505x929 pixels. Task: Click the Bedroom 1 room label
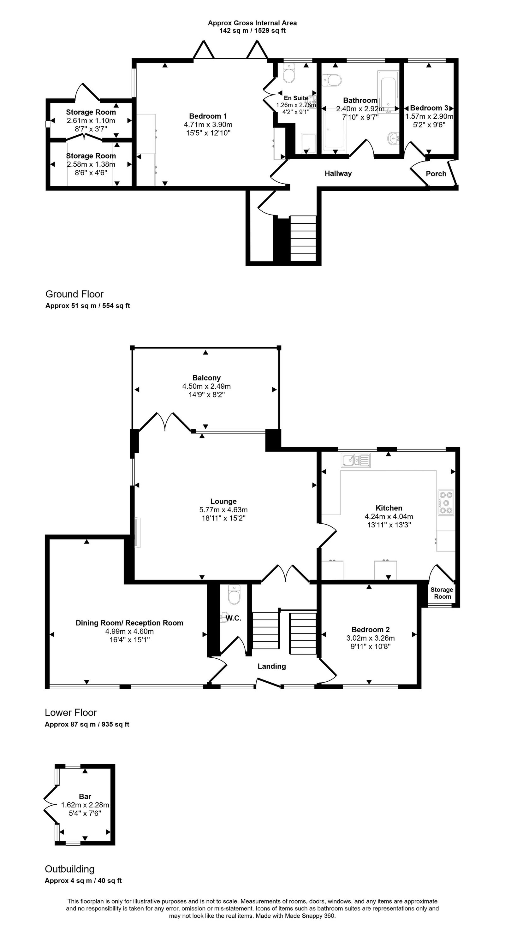click(208, 116)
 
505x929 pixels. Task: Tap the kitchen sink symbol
click(356, 460)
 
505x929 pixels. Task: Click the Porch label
click(436, 174)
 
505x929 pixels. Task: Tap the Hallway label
click(338, 173)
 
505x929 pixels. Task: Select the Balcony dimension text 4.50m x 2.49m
click(206, 386)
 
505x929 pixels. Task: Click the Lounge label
click(223, 501)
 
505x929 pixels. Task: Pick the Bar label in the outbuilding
click(85, 796)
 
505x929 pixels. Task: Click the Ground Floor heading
click(74, 294)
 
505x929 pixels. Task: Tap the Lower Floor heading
click(71, 713)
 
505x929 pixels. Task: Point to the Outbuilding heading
click(70, 869)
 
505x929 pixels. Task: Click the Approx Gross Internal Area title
click(252, 23)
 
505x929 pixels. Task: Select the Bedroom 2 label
click(371, 630)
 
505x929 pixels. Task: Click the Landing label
click(272, 667)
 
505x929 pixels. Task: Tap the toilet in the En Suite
click(289, 73)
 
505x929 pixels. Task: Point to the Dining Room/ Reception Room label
click(129, 623)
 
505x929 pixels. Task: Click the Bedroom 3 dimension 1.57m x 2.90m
click(429, 116)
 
